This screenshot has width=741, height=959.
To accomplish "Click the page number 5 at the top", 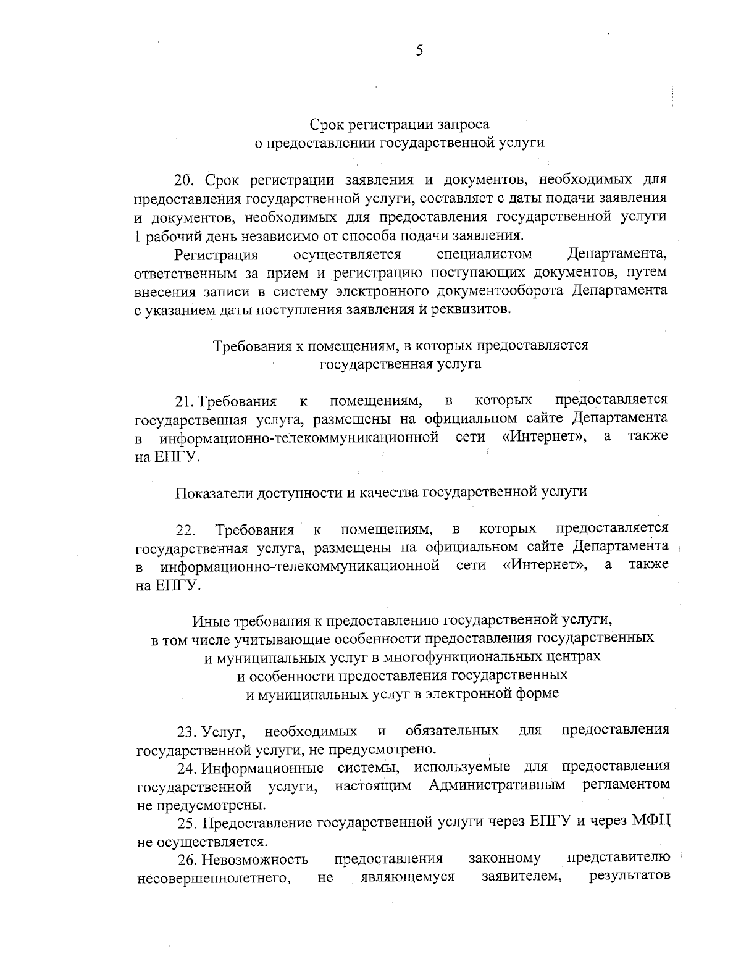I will (419, 51).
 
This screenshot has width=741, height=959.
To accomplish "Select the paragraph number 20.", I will (184, 180).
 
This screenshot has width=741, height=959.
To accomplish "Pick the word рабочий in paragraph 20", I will (167, 235).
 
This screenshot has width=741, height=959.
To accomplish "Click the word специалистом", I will (484, 254).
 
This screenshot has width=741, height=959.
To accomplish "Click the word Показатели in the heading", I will (212, 492).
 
